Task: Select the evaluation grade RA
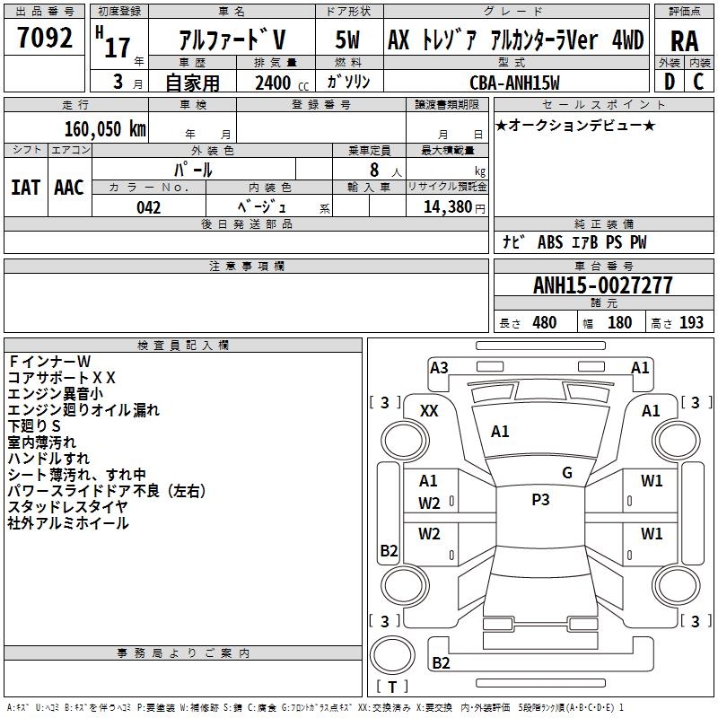684,40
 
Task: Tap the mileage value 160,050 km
105,128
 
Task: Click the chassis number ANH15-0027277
602,285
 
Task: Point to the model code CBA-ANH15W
514,83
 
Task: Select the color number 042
148,207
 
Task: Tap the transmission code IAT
25,188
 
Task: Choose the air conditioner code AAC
69,188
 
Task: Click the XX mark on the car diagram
429,410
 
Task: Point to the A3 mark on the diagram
439,367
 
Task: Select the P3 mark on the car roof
540,500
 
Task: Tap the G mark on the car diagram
567,473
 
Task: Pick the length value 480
544,323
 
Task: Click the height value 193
691,323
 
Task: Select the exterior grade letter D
670,82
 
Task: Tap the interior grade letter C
699,82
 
